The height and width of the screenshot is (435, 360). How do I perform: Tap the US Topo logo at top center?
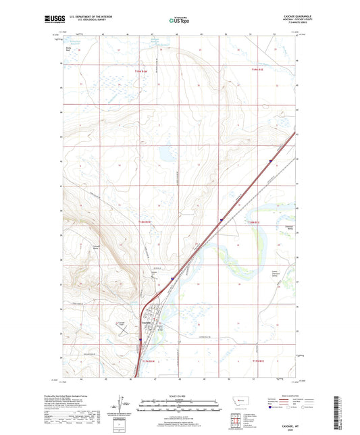click(179, 20)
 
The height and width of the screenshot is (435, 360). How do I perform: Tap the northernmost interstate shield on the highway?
click(269, 161)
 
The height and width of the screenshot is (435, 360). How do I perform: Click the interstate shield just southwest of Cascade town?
click(140, 340)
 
